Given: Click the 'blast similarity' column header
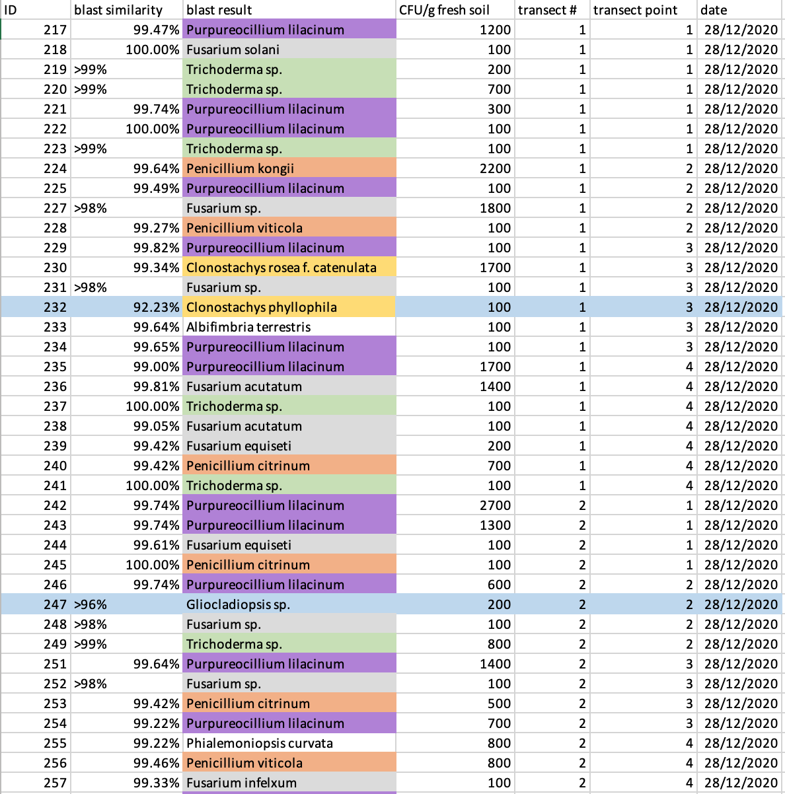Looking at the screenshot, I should click(x=119, y=10).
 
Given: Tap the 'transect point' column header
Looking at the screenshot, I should click(x=635, y=10).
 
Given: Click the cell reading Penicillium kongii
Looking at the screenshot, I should click(x=241, y=168).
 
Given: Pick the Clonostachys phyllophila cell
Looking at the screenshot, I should click(x=262, y=307).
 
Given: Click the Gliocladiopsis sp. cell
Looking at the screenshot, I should click(x=239, y=604).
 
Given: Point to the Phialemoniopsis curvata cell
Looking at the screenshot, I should click(x=260, y=743).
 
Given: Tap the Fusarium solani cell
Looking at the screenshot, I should click(x=233, y=50).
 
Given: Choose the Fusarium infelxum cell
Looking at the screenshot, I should click(x=242, y=783).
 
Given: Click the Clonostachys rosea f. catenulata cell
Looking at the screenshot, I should click(x=281, y=268).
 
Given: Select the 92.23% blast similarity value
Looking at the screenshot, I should click(x=156, y=307).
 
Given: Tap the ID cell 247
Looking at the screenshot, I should click(x=55, y=604).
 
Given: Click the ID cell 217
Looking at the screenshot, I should click(x=55, y=30).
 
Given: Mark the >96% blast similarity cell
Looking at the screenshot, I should click(x=91, y=604).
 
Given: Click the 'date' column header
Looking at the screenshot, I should click(x=714, y=10).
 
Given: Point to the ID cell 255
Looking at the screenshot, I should click(x=55, y=743).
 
